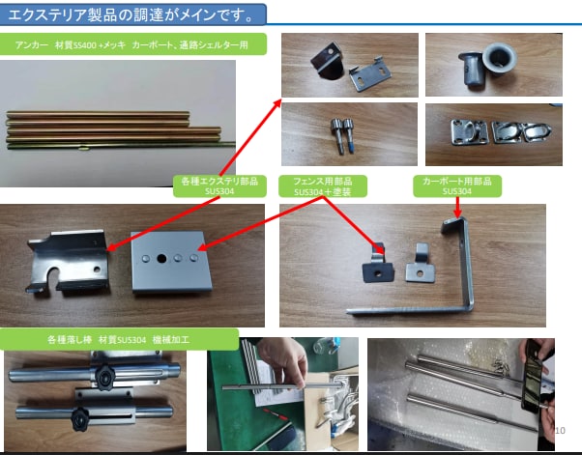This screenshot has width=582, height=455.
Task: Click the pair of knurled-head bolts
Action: pos(344,133)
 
